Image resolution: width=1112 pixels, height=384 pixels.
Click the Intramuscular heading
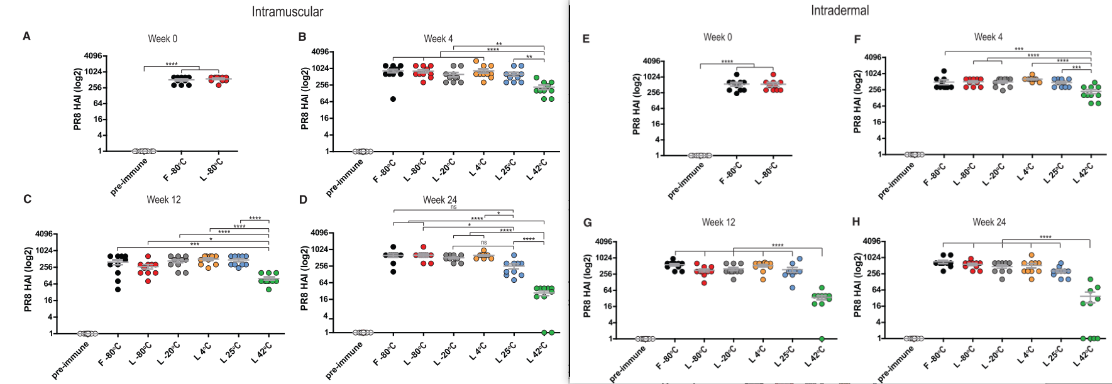coord(287,12)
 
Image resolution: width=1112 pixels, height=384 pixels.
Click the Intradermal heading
coord(839,11)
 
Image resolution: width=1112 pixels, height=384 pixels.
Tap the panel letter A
coord(26,36)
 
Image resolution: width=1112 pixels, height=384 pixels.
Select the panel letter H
coord(856,222)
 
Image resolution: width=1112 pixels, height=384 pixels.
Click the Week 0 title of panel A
coord(162,39)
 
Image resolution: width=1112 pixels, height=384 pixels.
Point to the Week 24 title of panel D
coord(439,200)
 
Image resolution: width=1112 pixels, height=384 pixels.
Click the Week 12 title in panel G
coord(718,222)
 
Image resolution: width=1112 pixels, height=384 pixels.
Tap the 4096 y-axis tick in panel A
coord(92,56)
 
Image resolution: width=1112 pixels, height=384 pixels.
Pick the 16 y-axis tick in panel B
coord(324,118)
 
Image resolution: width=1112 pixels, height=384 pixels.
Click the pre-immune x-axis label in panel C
coord(70,361)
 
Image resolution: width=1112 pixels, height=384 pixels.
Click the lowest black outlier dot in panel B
coord(393,99)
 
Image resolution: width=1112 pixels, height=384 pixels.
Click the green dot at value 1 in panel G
coord(822,339)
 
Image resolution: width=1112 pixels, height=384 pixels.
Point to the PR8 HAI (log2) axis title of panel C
coord(28,279)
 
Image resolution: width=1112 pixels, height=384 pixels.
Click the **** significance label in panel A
coord(171,64)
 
